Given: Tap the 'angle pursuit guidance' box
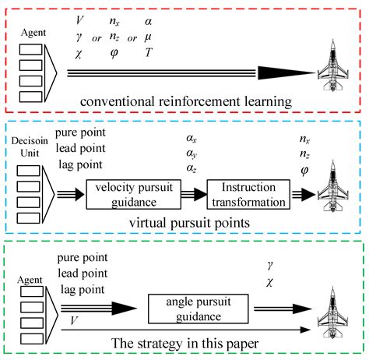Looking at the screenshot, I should (192, 312).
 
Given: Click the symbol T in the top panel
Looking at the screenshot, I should (148, 52).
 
